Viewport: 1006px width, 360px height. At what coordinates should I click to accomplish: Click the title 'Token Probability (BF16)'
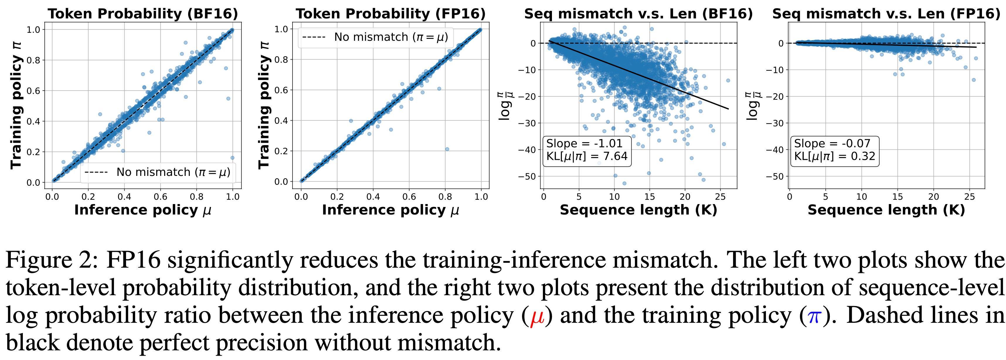143,14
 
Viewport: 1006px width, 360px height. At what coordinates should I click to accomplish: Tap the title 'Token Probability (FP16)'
390,14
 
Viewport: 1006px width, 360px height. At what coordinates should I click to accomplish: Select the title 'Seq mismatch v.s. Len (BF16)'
638,14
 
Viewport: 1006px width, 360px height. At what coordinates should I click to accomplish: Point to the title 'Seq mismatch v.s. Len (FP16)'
886,14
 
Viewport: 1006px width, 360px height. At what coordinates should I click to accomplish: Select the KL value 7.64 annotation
587,157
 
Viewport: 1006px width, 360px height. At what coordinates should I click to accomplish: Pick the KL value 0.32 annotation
835,157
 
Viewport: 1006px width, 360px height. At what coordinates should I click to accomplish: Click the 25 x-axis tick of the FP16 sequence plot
970,197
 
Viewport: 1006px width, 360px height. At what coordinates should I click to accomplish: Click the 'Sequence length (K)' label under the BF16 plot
638,210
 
